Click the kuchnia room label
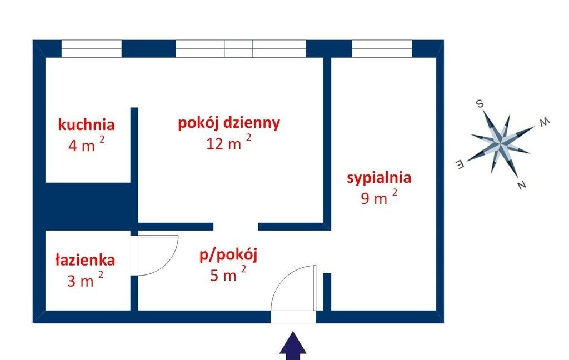86,124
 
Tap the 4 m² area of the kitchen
86,144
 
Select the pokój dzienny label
229,123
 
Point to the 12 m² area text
228,142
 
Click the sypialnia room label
379,178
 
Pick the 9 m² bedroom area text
379,197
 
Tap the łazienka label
85,260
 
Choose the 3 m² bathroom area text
85,280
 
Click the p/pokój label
228,256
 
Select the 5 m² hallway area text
228,274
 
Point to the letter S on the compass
480,104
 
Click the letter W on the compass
545,122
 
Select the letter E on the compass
460,164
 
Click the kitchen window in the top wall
92,49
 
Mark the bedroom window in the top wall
382,49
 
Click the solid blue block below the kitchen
87,206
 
